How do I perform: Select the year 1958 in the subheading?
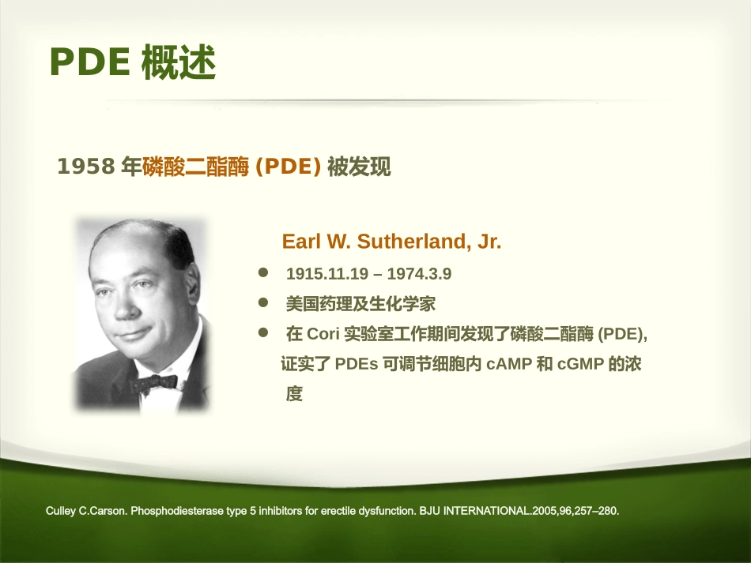click(x=87, y=167)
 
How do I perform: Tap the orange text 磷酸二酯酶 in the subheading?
click(x=194, y=167)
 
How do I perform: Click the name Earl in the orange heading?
click(x=300, y=242)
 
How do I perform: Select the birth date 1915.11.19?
click(x=327, y=274)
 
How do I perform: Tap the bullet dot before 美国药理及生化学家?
click(x=264, y=303)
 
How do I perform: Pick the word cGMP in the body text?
click(x=581, y=365)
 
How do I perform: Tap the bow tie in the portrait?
click(x=153, y=383)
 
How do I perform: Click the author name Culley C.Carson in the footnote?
click(x=86, y=511)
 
